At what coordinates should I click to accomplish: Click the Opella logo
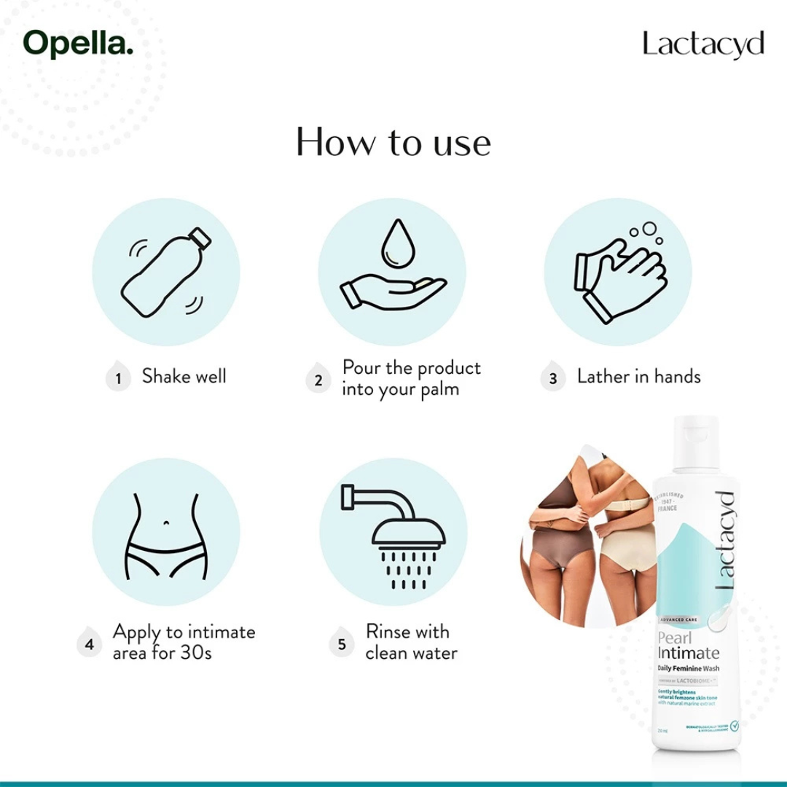[x=79, y=43]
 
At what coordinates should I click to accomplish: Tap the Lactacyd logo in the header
[x=703, y=44]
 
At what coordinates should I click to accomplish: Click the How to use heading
[x=393, y=141]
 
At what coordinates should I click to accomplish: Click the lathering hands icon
[x=619, y=273]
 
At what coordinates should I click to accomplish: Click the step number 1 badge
[x=118, y=379]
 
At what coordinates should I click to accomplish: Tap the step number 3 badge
[x=553, y=379]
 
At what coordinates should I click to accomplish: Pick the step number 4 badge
[x=90, y=644]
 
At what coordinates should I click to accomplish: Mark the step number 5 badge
[x=342, y=644]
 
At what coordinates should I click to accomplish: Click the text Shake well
[x=184, y=377]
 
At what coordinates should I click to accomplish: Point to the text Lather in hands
[x=638, y=377]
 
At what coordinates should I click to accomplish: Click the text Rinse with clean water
[x=411, y=642]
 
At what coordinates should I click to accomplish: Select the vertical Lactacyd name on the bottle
[x=724, y=539]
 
